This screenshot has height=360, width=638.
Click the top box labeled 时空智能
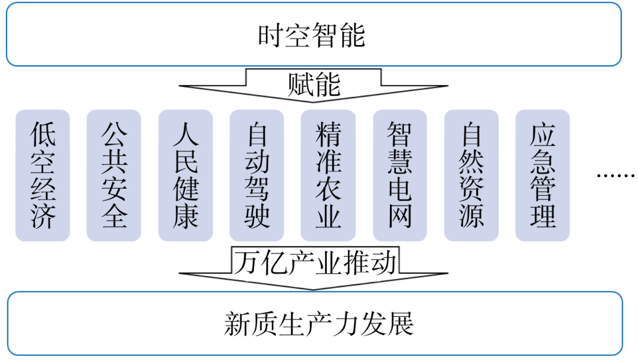(313, 35)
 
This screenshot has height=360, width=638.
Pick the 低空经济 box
(43, 176)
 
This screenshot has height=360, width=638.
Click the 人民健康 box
(185, 176)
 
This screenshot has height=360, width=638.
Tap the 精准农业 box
(328, 176)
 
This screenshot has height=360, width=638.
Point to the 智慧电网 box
(399, 176)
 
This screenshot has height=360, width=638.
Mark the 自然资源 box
(471, 176)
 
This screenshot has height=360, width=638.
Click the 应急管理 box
(542, 176)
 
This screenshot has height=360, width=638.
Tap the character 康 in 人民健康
(185, 216)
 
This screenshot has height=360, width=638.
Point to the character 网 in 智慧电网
(399, 216)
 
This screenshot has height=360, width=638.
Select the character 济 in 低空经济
(43, 216)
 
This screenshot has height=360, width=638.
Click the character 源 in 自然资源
(471, 216)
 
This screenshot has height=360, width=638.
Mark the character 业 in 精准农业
(328, 216)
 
